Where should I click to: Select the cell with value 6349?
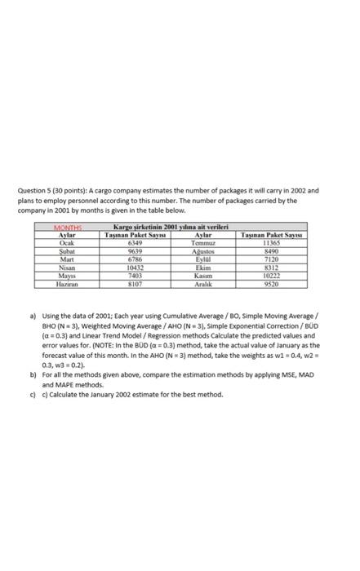click(x=136, y=219)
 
